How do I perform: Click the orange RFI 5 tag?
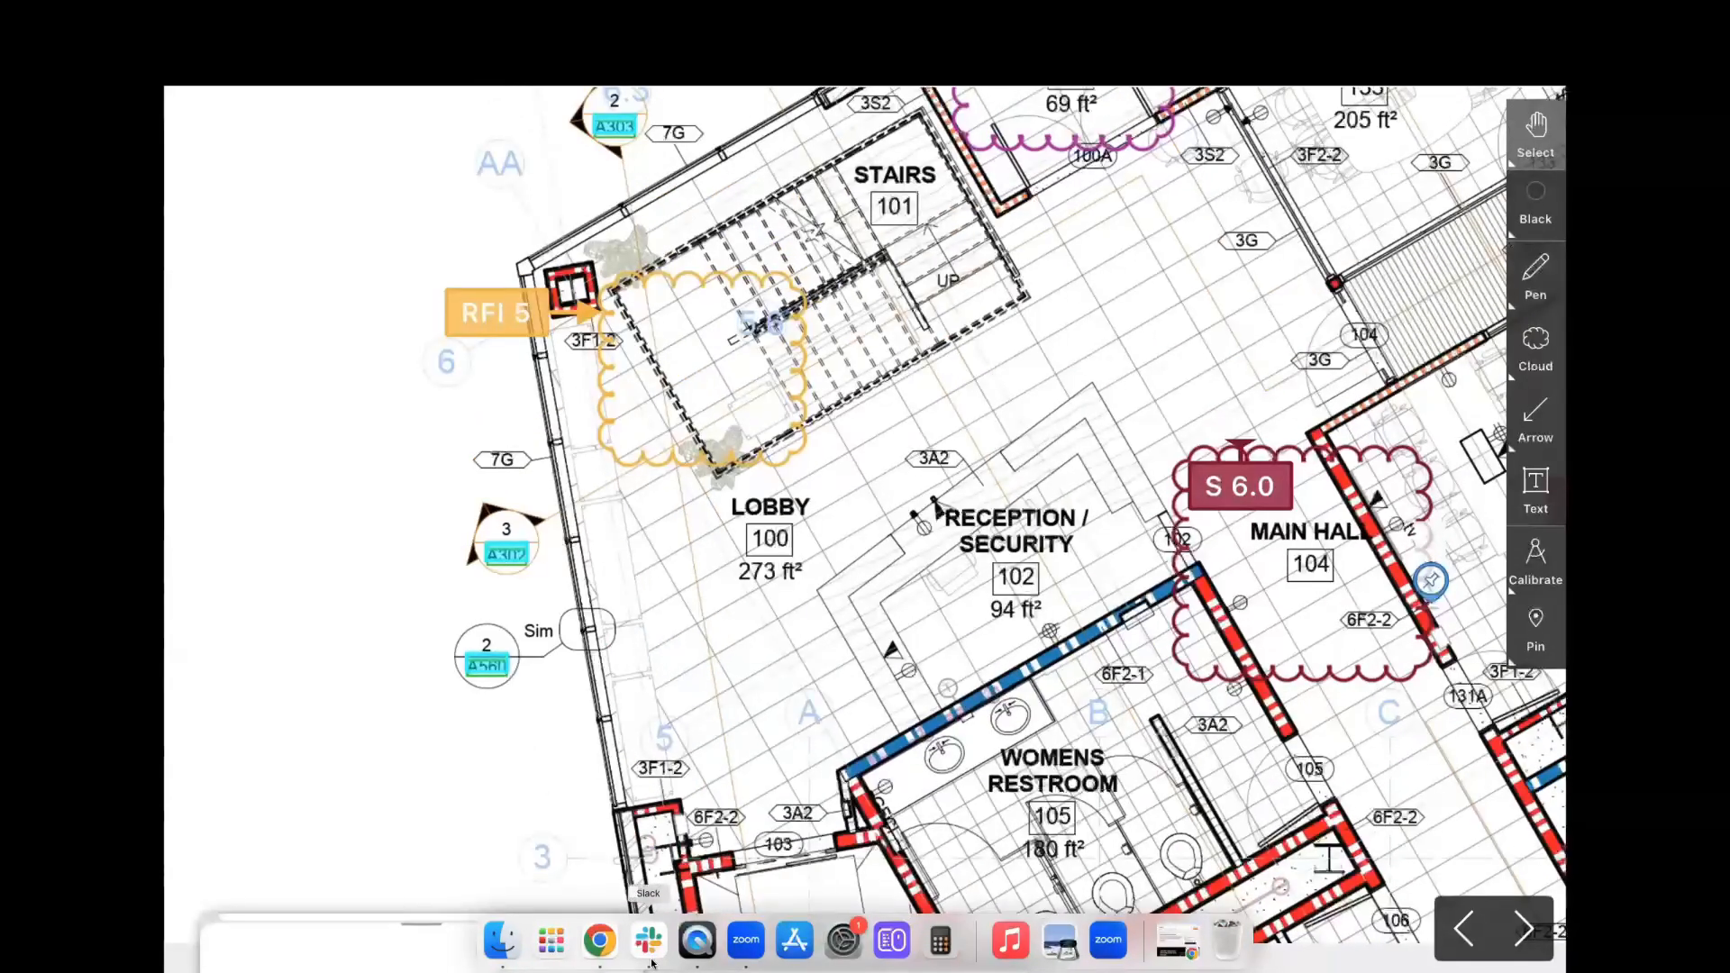coord(496,313)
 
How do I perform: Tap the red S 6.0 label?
coord(1240,486)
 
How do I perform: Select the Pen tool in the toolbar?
coord(1535,277)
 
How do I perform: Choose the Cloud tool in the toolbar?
coord(1535,348)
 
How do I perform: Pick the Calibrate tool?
coord(1535,561)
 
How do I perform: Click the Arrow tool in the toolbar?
coord(1535,419)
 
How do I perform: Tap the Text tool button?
coord(1535,490)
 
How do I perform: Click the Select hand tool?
coord(1535,133)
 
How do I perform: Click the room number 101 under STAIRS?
coord(895,207)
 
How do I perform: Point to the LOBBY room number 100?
coord(769,539)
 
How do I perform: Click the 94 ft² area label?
coord(1015,610)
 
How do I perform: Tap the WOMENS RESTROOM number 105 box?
coord(1052,816)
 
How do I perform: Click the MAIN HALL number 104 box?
coord(1310,565)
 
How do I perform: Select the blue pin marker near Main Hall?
coord(1431,580)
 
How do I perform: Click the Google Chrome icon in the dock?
coord(599,941)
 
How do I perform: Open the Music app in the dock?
coord(1010,941)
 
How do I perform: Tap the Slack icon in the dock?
coord(648,941)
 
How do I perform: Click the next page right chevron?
coord(1524,929)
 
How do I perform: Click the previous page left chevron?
coord(1464,929)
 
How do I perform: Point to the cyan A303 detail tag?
coord(615,127)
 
